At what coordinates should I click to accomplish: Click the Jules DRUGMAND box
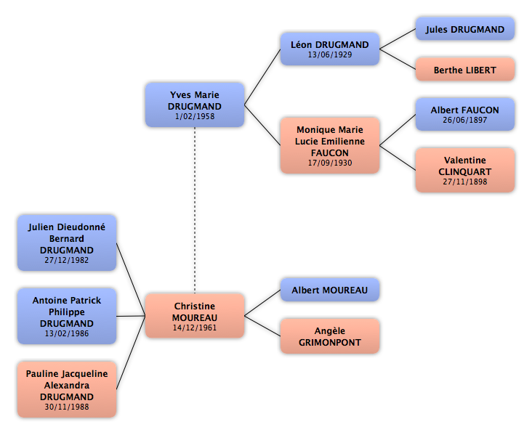pos(465,29)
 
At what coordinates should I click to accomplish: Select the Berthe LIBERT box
pos(465,70)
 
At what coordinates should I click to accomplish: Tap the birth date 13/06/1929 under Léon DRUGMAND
pos(330,54)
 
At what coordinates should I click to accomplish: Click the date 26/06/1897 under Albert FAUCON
pos(465,120)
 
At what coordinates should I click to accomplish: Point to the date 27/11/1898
pos(465,182)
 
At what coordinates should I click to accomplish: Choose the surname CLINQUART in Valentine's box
pos(465,171)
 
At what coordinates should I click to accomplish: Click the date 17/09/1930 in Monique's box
pos(330,163)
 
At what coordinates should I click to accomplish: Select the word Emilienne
pos(343,141)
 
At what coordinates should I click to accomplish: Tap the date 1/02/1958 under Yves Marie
pos(195,116)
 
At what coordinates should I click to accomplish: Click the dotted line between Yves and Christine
pos(195,210)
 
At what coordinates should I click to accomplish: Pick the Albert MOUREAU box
pos(330,290)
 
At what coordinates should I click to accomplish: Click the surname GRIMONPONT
pos(330,343)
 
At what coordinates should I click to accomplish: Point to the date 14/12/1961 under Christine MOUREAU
pos(195,328)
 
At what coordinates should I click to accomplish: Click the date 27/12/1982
pos(67,261)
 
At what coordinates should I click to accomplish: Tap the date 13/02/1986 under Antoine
pos(67,333)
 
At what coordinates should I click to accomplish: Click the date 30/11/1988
pos(67,407)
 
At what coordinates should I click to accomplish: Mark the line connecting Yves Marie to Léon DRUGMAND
pos(262,77)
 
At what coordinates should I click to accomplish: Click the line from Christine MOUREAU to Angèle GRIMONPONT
pos(262,326)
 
